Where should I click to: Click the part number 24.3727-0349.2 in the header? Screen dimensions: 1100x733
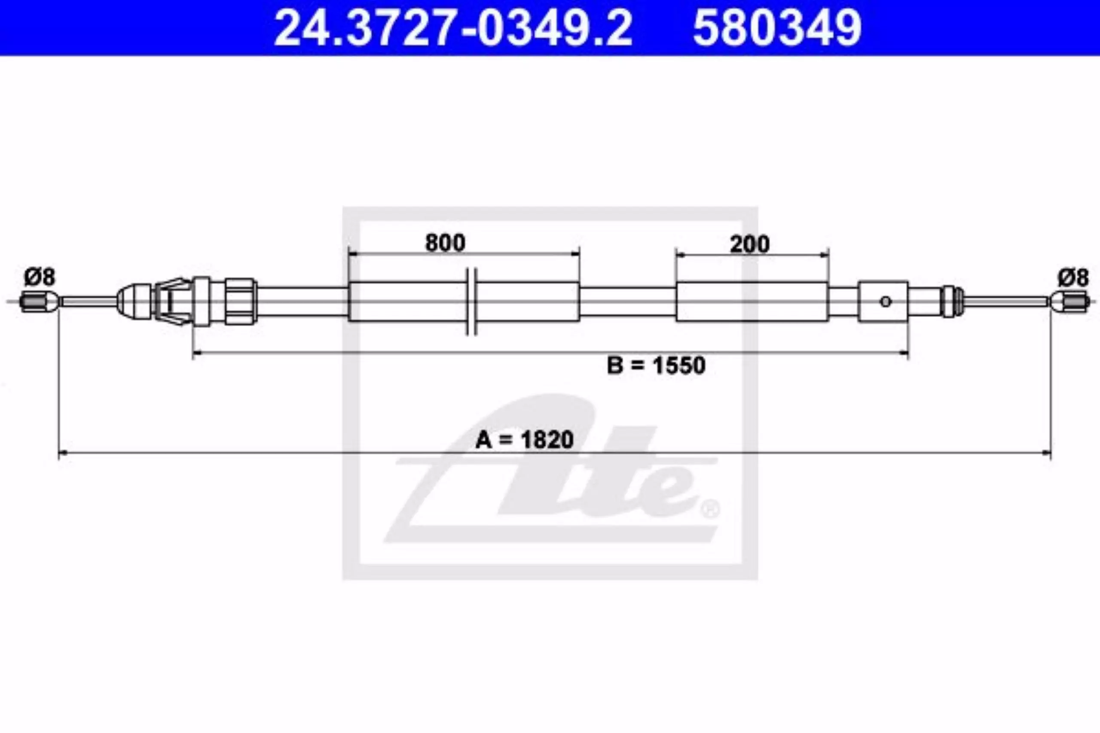click(x=453, y=28)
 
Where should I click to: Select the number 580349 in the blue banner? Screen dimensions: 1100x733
click(x=777, y=28)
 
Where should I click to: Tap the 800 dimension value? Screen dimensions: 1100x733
click(x=445, y=243)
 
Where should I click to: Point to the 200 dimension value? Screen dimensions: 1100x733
click(x=750, y=244)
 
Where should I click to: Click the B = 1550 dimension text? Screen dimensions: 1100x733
click(x=656, y=365)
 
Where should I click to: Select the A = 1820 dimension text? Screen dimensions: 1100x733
click(x=524, y=440)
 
